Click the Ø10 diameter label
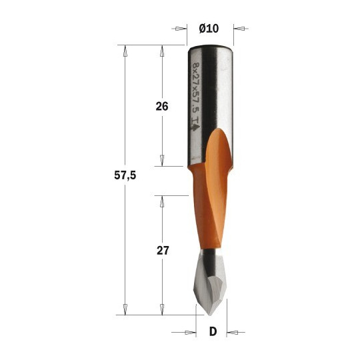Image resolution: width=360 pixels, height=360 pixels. point(209,29)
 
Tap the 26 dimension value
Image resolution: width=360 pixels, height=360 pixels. point(162,107)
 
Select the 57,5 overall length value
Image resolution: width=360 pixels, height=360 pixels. point(125,175)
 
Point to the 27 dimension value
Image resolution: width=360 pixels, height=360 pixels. point(163,251)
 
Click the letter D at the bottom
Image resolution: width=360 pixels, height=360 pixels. point(213,331)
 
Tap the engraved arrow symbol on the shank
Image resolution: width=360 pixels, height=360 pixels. point(195,127)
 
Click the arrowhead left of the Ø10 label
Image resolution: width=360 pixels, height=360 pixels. point(181,29)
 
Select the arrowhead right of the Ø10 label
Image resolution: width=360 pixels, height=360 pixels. point(239,29)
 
